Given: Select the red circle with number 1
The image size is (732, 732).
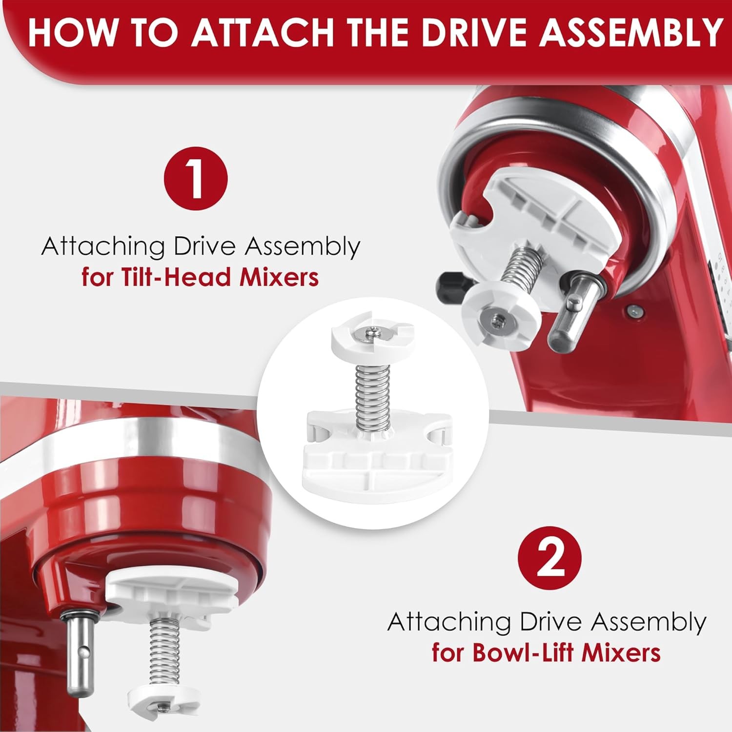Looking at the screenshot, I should tap(196, 179).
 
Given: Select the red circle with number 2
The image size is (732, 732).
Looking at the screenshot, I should tap(549, 558).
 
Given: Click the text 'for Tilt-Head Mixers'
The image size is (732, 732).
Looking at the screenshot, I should tap(200, 277).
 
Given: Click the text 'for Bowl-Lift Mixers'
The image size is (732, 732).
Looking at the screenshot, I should tap(546, 652).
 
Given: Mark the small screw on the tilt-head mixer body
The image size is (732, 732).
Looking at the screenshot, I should tap(633, 309).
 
